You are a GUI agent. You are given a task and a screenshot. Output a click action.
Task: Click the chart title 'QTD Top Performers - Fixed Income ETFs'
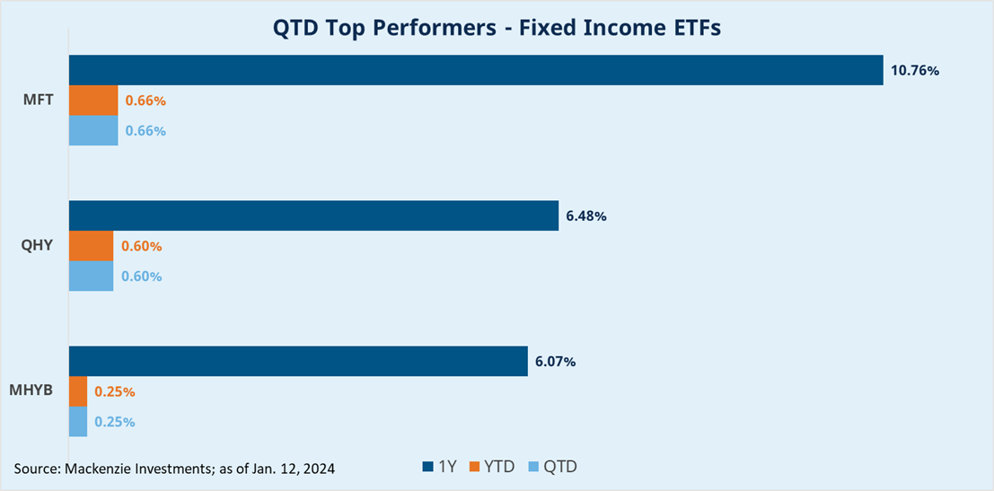point(497,29)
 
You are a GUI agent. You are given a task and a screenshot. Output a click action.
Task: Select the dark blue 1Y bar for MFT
point(476,70)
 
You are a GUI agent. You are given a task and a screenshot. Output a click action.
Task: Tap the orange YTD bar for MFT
point(93,101)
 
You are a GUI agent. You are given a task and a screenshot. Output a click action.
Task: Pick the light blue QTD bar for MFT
point(93,130)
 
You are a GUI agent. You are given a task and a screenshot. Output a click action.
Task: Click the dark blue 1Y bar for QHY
point(313,216)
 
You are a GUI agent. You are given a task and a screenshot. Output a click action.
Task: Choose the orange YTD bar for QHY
point(91,246)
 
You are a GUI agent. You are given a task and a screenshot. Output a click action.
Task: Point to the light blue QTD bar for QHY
point(91,276)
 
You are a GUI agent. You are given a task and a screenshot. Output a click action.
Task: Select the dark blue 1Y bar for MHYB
point(298,362)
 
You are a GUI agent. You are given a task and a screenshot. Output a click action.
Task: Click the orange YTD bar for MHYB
point(78,391)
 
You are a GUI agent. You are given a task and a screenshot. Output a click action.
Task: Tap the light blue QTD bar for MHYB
point(78,421)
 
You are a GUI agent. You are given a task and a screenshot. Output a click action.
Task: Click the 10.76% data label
point(914,70)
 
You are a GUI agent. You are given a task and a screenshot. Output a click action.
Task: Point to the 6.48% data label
point(587,216)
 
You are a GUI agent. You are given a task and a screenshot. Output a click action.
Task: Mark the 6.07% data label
point(555,362)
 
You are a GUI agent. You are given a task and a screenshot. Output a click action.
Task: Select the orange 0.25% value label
point(115,391)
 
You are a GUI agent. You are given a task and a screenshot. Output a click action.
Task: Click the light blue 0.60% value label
point(142,276)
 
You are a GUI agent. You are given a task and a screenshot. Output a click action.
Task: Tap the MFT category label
point(38,100)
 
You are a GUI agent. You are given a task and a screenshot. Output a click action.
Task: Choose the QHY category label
point(38,246)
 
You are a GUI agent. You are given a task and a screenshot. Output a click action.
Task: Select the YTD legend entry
point(492,467)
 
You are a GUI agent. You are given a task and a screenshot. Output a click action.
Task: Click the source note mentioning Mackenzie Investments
point(174,469)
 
